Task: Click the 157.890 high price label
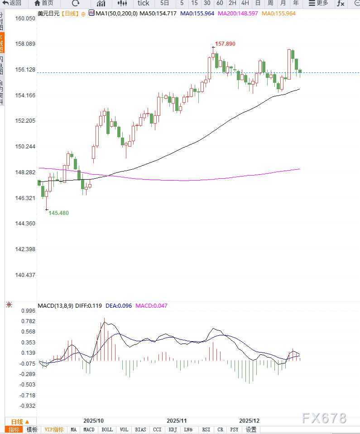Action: coord(225,44)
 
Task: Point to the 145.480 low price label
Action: coord(59,213)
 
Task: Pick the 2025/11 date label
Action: coord(177,420)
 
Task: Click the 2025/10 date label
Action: coord(93,420)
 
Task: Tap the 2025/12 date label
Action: coord(250,420)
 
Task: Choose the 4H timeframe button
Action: coord(245,3)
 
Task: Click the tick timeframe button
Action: coord(144,3)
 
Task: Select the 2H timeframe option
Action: coord(232,3)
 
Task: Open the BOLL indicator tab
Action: coord(107,429)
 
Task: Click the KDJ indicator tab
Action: coord(173,429)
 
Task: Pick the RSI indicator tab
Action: coord(206,429)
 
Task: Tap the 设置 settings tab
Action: coord(251,429)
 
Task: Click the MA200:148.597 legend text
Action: coord(238,14)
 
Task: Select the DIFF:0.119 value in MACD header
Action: coord(89,305)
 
